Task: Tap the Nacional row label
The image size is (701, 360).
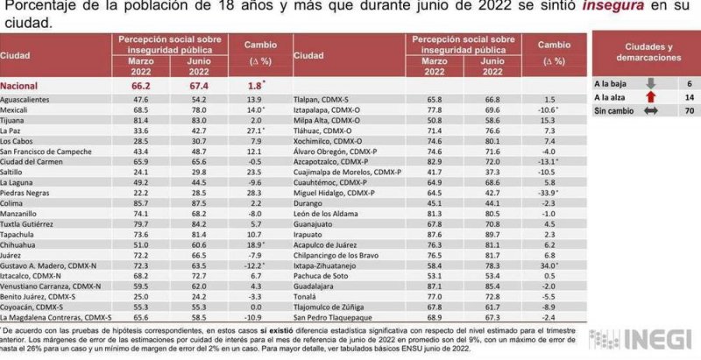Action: point(22,87)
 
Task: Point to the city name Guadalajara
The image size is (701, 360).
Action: point(319,286)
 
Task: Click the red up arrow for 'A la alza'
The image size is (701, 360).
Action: point(651,98)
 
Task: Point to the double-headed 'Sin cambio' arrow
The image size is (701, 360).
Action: point(651,112)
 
